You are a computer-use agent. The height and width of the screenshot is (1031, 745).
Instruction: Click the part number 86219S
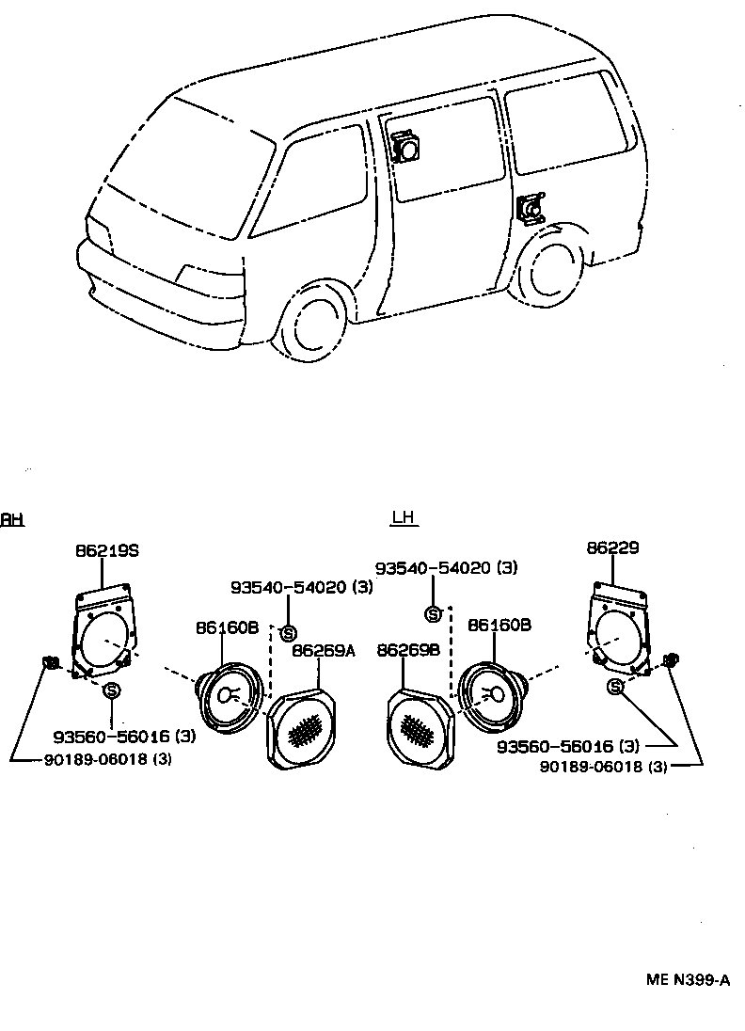pos(106,550)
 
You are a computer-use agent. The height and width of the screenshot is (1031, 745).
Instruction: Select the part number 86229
pos(612,547)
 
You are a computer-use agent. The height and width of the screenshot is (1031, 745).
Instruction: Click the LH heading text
pos(404,517)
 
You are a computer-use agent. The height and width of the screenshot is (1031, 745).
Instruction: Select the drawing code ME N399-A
pos(688,979)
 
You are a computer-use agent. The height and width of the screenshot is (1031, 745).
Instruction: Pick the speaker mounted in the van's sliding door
pos(406,148)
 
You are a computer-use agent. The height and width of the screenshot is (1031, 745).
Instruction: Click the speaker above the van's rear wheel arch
pos(531,209)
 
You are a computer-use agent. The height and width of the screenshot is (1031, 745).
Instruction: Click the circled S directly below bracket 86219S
pos(112,690)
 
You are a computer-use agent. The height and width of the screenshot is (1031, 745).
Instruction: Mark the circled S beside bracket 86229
pos(616,687)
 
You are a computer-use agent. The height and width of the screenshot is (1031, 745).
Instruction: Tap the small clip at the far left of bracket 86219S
pos(52,663)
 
